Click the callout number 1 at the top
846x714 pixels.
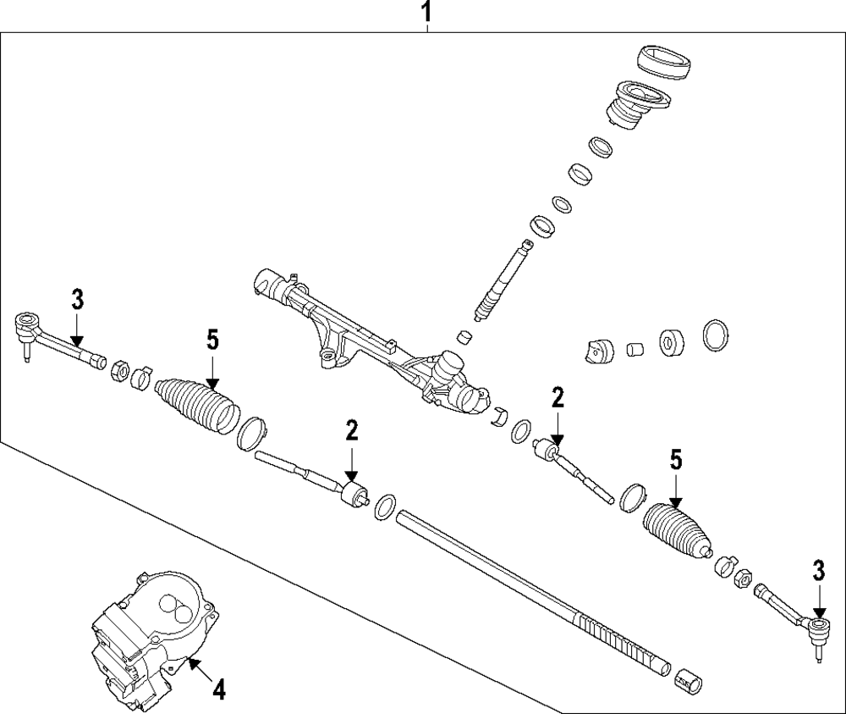(428, 13)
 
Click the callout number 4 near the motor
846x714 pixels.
(217, 690)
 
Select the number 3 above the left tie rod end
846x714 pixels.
(77, 299)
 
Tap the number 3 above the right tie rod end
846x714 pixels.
(818, 571)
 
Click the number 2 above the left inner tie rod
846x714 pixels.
(352, 430)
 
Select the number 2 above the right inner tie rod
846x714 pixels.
(558, 396)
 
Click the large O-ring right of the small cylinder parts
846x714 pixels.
(716, 335)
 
